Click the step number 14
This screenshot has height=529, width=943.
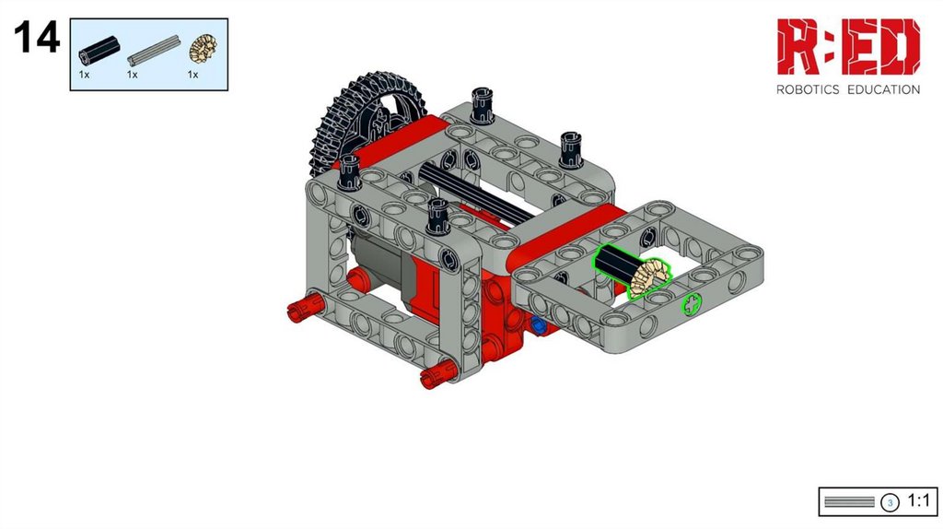pyautogui.click(x=37, y=37)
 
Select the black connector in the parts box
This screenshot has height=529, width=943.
pyautogui.click(x=99, y=50)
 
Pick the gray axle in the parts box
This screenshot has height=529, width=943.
pyautogui.click(x=154, y=51)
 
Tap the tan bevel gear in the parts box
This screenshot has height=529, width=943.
pyautogui.click(x=204, y=49)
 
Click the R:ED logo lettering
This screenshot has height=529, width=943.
pyautogui.click(x=848, y=46)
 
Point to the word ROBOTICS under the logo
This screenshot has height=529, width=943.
pyautogui.click(x=808, y=89)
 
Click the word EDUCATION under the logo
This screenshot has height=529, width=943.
pyautogui.click(x=883, y=89)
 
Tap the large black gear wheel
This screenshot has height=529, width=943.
pyautogui.click(x=364, y=121)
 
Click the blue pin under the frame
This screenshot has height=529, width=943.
pyautogui.click(x=538, y=325)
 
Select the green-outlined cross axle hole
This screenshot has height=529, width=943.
pyautogui.click(x=692, y=304)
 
